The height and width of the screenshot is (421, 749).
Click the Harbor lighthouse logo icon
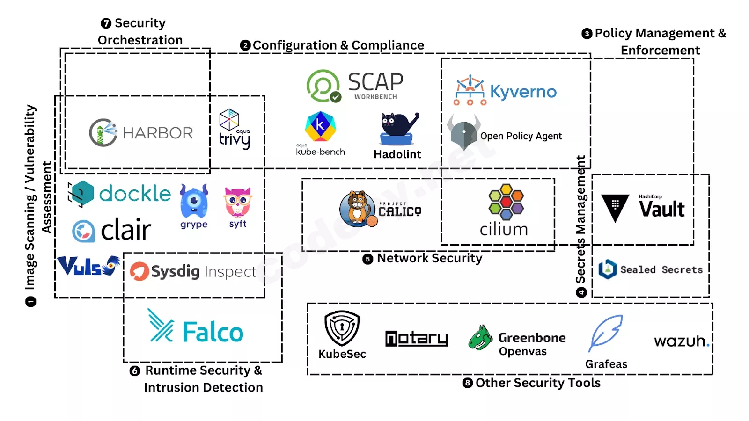[x=103, y=133]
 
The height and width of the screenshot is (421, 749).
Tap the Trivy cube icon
[x=229, y=120]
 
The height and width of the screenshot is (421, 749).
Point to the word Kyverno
[x=523, y=92]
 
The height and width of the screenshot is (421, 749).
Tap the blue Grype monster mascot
[x=194, y=201]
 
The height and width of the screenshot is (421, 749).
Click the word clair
[x=126, y=230]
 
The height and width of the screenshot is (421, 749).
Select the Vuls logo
[x=88, y=266]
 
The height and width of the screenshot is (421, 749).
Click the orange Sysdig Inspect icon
[x=140, y=271]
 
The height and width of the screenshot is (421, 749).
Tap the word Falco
[x=213, y=332]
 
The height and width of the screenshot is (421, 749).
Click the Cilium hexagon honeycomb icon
[x=506, y=202]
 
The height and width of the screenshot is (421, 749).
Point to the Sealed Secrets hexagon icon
[x=608, y=269]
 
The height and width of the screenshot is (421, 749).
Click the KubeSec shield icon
[x=342, y=328]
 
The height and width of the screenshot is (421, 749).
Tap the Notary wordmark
[x=417, y=339]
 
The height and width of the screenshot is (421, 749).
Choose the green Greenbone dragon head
[x=480, y=338]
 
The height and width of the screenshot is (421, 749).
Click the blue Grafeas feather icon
[x=605, y=333]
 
